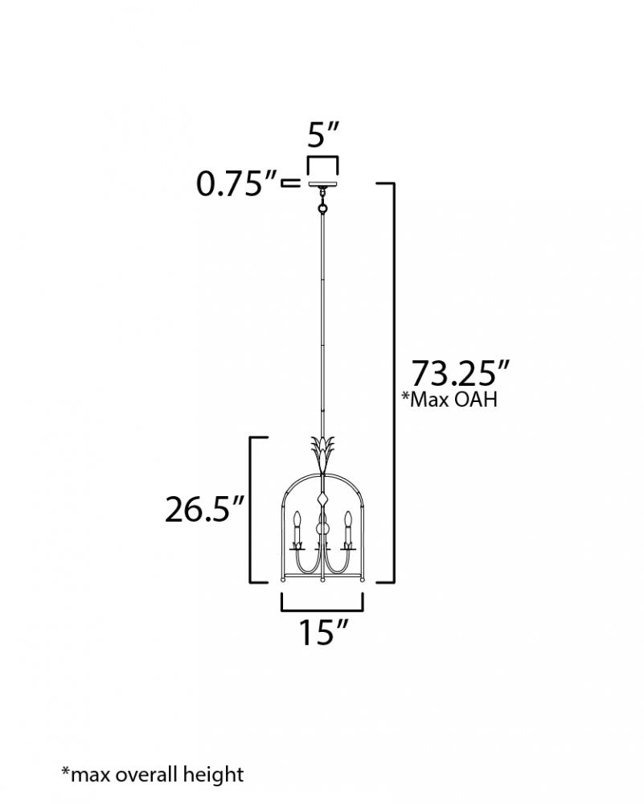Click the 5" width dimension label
pos(323,135)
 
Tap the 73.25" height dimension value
pos(461,373)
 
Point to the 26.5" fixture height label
pos(204,509)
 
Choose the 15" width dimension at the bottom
pos(323,632)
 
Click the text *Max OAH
pos(449,399)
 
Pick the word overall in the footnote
pos(145,773)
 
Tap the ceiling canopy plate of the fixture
pos(323,183)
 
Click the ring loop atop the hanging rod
pos(322,209)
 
